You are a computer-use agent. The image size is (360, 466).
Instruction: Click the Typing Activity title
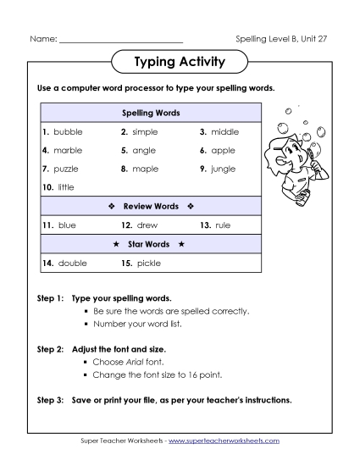[180, 62]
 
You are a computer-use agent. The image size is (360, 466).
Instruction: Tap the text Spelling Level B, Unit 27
[280, 39]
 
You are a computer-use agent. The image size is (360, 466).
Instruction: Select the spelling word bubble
[68, 132]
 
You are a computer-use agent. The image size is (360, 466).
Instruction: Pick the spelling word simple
[145, 132]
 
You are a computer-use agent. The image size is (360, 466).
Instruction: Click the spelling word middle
[225, 132]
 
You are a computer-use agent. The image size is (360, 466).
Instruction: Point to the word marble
[68, 150]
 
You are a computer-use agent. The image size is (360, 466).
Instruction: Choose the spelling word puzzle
[68, 169]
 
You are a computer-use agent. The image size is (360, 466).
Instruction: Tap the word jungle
[224, 169]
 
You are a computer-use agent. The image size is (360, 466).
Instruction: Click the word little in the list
[67, 186]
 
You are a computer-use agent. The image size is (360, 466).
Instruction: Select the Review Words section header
[152, 206]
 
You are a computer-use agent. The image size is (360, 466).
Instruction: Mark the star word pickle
[148, 264]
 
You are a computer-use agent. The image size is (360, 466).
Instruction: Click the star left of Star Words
[116, 244]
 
